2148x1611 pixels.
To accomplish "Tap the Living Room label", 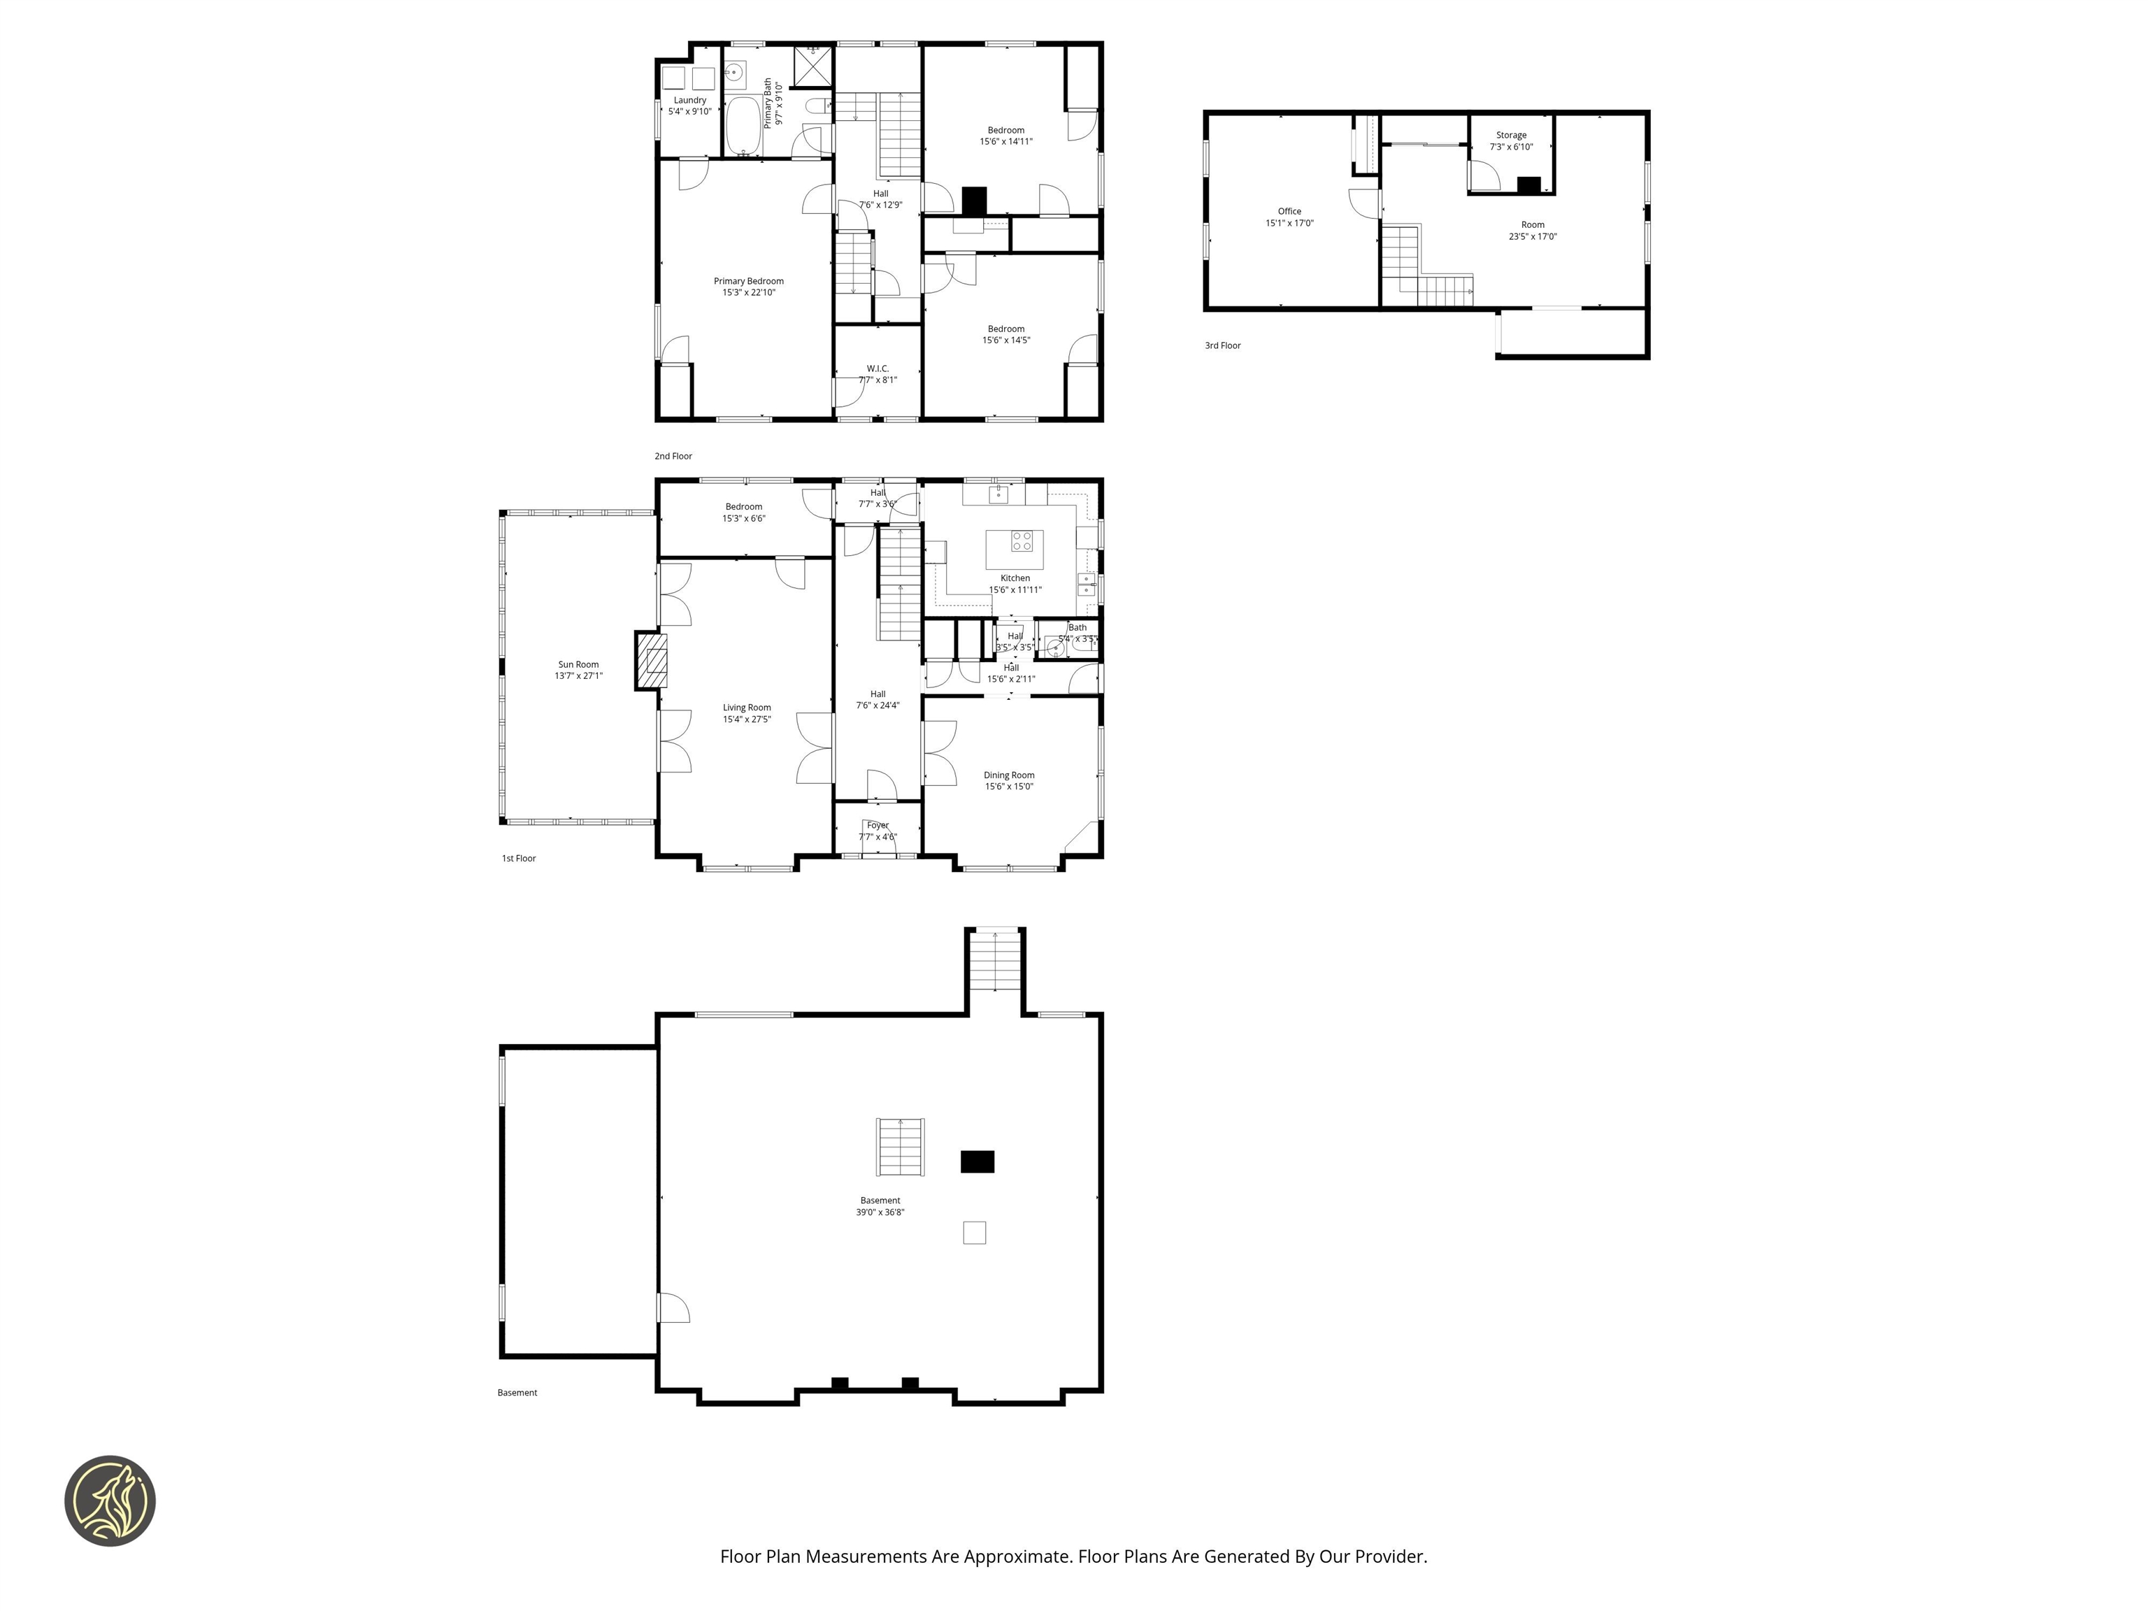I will (x=747, y=708).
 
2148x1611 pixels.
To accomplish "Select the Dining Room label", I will (x=1009, y=775).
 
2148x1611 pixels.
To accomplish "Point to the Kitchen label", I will (x=1015, y=578).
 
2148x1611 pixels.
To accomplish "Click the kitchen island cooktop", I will (x=1022, y=541).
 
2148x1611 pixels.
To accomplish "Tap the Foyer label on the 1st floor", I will (x=878, y=825).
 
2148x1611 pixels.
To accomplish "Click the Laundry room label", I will (x=689, y=100).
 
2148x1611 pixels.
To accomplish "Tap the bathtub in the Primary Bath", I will (x=745, y=124).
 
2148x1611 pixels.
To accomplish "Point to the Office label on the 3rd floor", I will (x=1289, y=210).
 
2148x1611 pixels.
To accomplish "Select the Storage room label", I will (x=1511, y=135).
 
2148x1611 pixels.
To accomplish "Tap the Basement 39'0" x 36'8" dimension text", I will (x=880, y=1212).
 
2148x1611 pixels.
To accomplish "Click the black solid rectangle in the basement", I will (x=977, y=1161).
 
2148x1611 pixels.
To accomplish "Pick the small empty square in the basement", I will (x=974, y=1232).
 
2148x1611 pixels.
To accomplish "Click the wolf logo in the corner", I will (x=110, y=1501).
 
